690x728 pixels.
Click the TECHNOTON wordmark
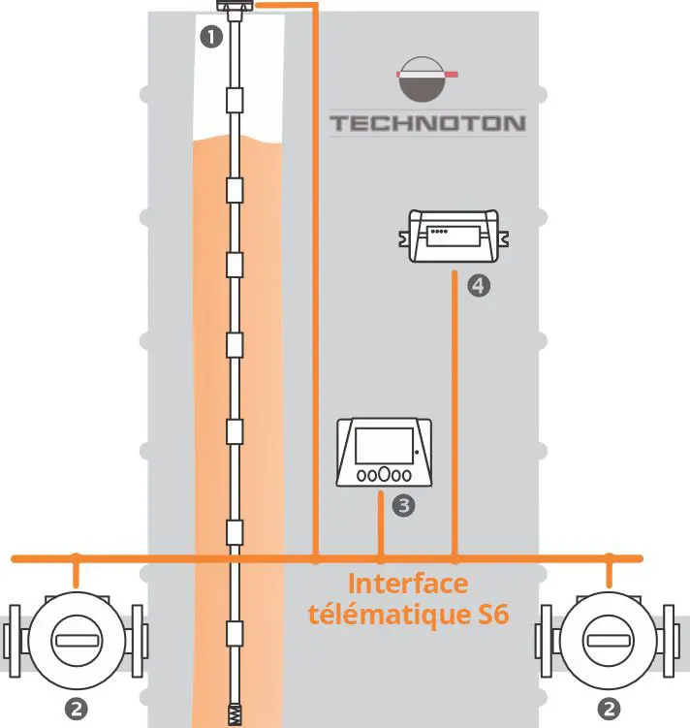pyautogui.click(x=427, y=123)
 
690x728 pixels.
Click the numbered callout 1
pyautogui.click(x=208, y=37)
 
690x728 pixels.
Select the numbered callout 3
pyautogui.click(x=404, y=504)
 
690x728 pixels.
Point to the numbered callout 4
pyautogui.click(x=477, y=285)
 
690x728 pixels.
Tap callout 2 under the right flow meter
pyautogui.click(x=609, y=709)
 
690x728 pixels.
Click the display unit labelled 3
pyautogui.click(x=384, y=454)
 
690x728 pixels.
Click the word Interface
pyautogui.click(x=407, y=585)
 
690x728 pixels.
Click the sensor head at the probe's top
pyautogui.click(x=235, y=10)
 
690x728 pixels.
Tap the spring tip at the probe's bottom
pyautogui.click(x=235, y=715)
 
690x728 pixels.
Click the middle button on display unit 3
pyautogui.click(x=384, y=475)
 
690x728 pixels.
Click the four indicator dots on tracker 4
pyautogui.click(x=440, y=232)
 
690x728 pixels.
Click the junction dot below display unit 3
pyautogui.click(x=381, y=558)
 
